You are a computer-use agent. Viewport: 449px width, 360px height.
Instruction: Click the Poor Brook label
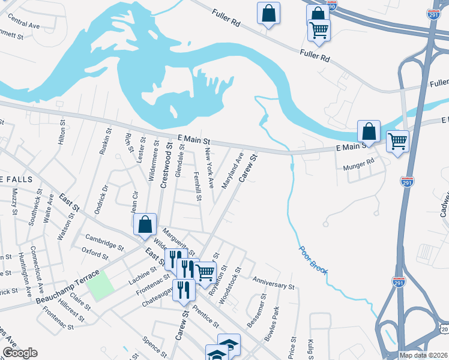pos(313,260)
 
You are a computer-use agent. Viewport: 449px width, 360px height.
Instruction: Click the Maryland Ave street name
pos(233,170)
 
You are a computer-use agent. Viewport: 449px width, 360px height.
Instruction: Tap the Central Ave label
pos(24,25)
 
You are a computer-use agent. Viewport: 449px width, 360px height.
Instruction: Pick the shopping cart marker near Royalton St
pos(206,272)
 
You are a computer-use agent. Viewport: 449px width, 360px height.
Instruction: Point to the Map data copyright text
pos(423,355)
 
